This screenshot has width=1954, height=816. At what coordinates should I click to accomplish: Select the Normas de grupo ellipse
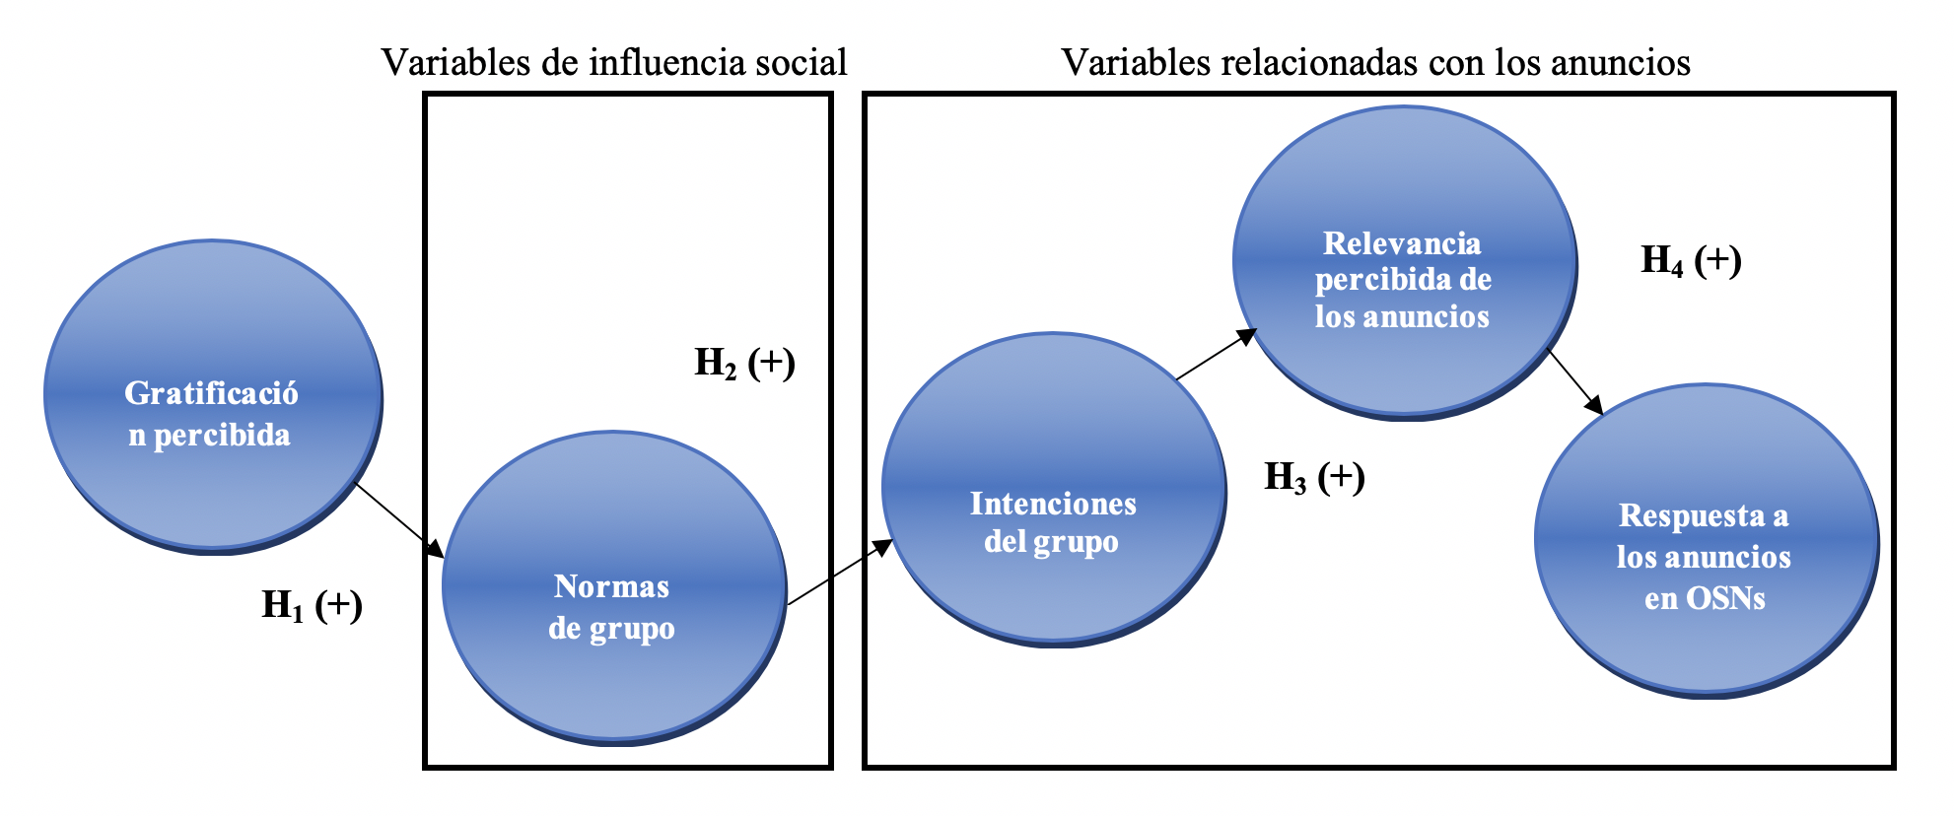pyautogui.click(x=613, y=586)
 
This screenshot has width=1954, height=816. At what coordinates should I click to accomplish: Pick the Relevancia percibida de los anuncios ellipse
pyautogui.click(x=1403, y=261)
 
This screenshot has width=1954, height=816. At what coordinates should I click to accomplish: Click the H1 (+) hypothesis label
pyautogui.click(x=312, y=605)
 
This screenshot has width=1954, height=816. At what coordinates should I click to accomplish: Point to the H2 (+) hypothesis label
pyautogui.click(x=744, y=364)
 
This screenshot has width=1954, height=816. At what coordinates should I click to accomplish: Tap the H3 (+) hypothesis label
pyautogui.click(x=1314, y=478)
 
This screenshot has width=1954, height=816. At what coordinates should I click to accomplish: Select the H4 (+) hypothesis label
pyautogui.click(x=1691, y=260)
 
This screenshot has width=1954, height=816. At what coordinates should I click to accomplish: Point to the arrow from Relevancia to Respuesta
pyautogui.click(x=1575, y=382)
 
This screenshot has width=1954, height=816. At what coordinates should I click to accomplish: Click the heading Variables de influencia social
pyautogui.click(x=614, y=62)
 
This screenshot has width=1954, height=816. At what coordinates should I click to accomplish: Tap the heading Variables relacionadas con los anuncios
pyautogui.click(x=1375, y=62)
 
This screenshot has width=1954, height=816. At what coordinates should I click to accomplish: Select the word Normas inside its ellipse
pyautogui.click(x=611, y=586)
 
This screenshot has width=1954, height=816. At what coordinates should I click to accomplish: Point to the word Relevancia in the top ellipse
pyautogui.click(x=1402, y=243)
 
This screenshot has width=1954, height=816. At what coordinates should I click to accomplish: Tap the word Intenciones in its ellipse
pyautogui.click(x=1053, y=504)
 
